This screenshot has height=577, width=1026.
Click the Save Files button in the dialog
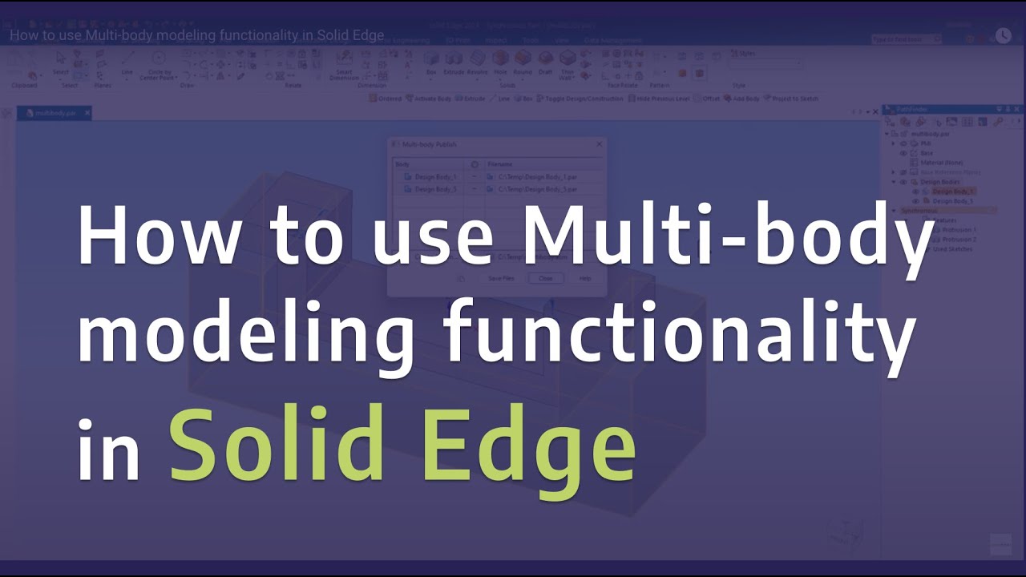coord(501,278)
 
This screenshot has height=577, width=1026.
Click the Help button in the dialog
coord(584,278)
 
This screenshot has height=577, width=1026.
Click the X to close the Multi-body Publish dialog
coord(599,144)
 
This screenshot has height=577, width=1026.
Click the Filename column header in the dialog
coord(500,163)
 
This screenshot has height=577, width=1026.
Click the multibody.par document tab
coord(55,114)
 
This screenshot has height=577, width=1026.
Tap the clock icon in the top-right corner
coord(1003,35)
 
